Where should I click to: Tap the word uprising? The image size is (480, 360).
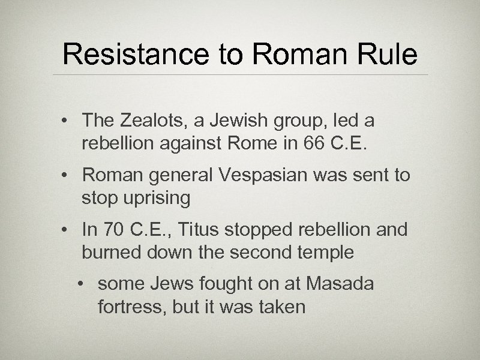coord(155,199)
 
